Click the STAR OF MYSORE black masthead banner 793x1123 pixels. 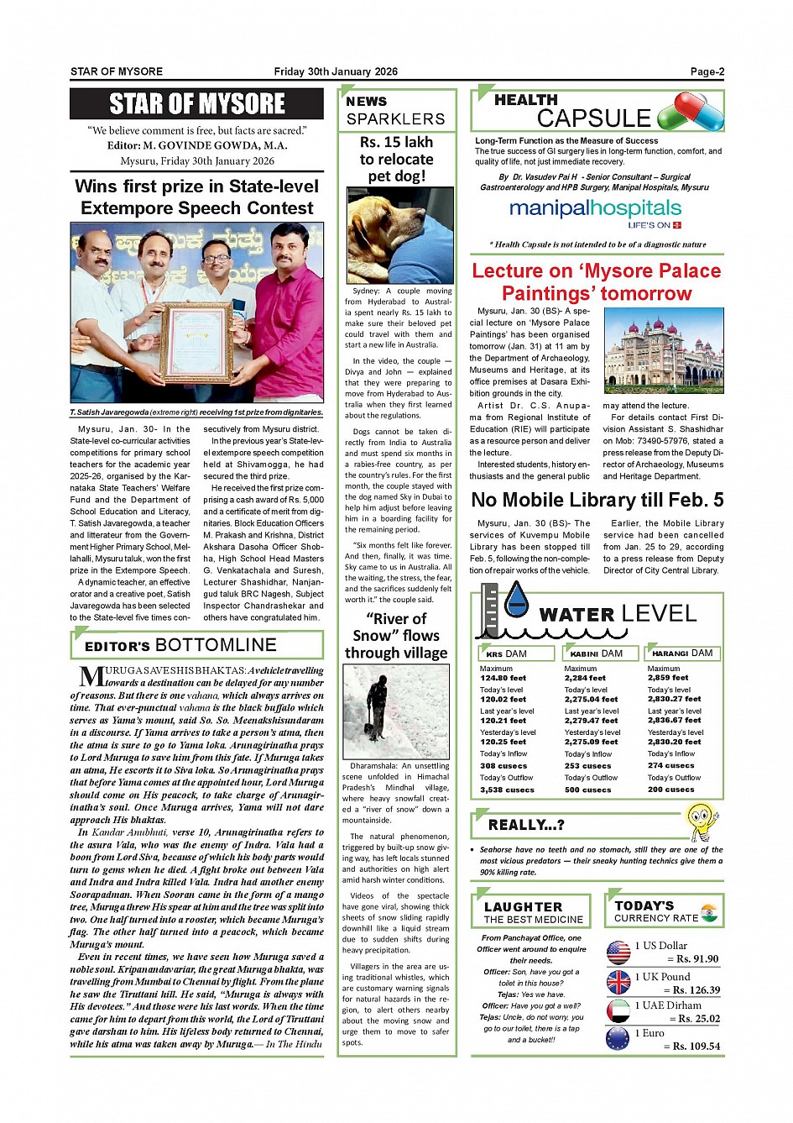point(196,104)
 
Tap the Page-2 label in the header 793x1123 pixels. point(707,71)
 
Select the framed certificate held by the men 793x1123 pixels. point(196,344)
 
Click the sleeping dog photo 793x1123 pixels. point(399,236)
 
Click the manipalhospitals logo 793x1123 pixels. point(595,211)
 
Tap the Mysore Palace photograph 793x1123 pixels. point(663,354)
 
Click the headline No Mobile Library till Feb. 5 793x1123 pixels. point(597,500)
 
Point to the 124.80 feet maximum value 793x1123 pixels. point(503,678)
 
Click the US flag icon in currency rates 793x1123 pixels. point(618,952)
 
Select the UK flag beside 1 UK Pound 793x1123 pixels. point(618,982)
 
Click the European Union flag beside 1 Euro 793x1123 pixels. point(618,1039)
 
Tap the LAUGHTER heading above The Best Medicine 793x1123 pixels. point(523,907)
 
